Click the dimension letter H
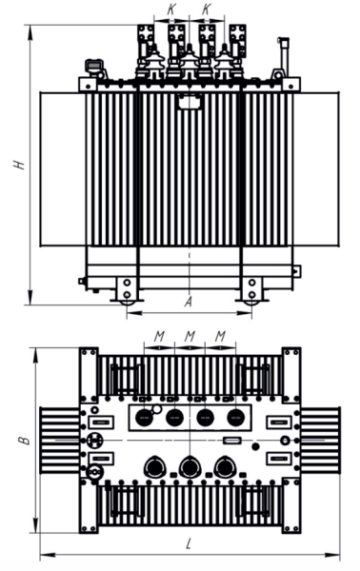tap(19, 165)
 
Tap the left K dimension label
tap(170, 8)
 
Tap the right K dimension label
tap(207, 8)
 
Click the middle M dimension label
tap(190, 336)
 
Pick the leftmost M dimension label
tap(159, 336)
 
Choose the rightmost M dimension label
tap(220, 336)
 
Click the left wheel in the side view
tap(124, 289)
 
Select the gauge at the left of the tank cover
tap(92, 67)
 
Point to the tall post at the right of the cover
tap(281, 59)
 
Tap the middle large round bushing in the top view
tap(190, 466)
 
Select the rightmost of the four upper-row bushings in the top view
tap(235, 418)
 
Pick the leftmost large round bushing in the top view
tap(155, 466)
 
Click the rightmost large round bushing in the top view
tap(224, 466)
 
